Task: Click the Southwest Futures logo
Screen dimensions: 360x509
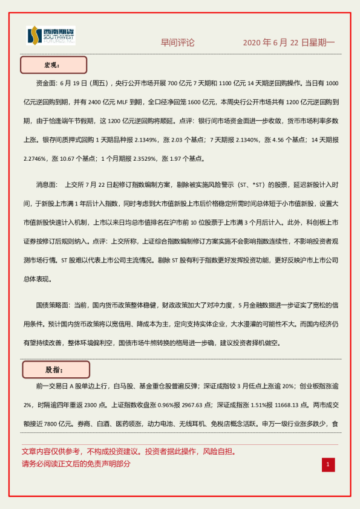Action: pyautogui.click(x=51, y=36)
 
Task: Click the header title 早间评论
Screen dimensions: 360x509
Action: pyautogui.click(x=177, y=43)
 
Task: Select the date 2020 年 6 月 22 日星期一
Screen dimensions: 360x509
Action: pyautogui.click(x=289, y=43)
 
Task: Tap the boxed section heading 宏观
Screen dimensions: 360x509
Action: pyautogui.click(x=54, y=65)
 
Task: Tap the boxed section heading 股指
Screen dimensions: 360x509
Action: pyautogui.click(x=56, y=369)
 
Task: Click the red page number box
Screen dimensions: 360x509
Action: pyautogui.click(x=327, y=464)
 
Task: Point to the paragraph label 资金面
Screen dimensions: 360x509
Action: pyautogui.click(x=48, y=83)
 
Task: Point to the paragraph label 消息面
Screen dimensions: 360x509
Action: pyautogui.click(x=48, y=185)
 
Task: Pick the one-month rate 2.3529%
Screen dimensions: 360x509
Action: pyautogui.click(x=143, y=159)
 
